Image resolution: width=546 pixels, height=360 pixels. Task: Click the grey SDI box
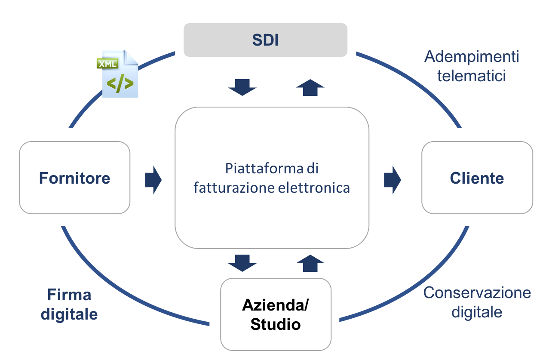(x=265, y=40)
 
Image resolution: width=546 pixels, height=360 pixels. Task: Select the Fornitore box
(x=74, y=178)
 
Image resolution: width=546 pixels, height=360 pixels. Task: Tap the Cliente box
(x=477, y=178)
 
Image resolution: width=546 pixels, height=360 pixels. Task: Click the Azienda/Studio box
(x=276, y=314)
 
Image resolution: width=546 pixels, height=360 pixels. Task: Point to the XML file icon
(x=119, y=74)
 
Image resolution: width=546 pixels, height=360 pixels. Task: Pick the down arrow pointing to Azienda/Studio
(x=242, y=263)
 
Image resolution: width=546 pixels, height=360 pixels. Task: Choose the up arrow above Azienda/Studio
(x=310, y=263)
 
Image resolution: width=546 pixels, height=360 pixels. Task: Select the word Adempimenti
(x=472, y=57)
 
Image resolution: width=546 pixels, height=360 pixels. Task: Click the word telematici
(x=472, y=76)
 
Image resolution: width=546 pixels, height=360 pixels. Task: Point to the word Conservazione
(x=477, y=293)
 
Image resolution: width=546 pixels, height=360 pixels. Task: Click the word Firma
(x=69, y=295)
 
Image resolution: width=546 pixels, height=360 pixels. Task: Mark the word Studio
(x=276, y=324)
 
